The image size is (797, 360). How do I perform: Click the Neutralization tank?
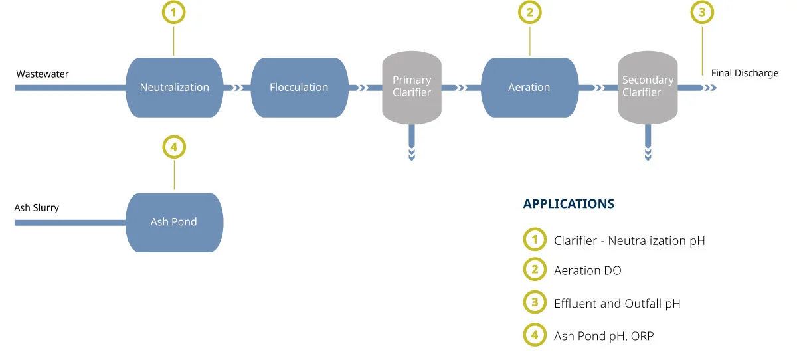(x=174, y=88)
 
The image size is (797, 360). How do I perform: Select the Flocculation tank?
(x=300, y=88)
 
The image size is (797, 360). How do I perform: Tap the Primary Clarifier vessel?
(x=412, y=88)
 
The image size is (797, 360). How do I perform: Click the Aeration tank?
(x=529, y=88)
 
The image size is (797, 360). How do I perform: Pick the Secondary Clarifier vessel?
(x=648, y=88)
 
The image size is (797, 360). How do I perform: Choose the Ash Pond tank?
(x=174, y=223)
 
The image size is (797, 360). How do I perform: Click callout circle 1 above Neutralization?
(x=173, y=13)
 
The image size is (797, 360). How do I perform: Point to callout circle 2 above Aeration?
(x=530, y=13)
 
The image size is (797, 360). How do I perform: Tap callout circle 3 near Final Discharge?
(x=702, y=13)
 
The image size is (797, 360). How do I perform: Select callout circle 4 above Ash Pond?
(x=174, y=147)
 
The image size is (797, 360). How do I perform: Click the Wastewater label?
(x=43, y=74)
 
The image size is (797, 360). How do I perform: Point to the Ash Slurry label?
(x=37, y=208)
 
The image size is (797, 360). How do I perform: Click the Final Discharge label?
(x=745, y=73)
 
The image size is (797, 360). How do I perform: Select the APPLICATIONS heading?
(x=569, y=204)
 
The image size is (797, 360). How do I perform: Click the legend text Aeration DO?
(x=587, y=271)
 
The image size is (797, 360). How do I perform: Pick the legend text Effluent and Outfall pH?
(x=617, y=304)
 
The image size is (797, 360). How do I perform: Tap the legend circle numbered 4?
(x=535, y=335)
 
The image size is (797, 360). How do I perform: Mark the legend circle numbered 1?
(x=535, y=239)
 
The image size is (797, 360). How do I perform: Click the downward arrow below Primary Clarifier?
(x=412, y=143)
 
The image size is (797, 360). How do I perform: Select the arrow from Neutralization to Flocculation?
(x=237, y=88)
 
